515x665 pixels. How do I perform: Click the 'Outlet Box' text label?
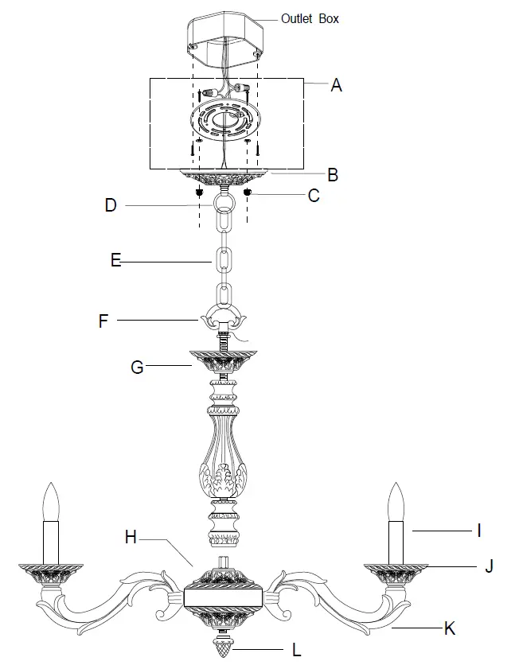tap(310, 17)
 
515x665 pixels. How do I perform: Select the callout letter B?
tap(333, 175)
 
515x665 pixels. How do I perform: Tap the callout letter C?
tap(314, 195)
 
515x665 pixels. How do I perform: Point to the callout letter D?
tap(111, 205)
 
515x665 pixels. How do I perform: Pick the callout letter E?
tap(116, 261)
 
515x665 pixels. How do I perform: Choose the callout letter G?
tap(136, 367)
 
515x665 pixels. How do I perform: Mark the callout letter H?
tap(131, 537)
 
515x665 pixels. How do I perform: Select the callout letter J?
tap(489, 566)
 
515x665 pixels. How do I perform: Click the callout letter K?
tap(450, 628)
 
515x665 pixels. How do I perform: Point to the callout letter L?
tap(297, 650)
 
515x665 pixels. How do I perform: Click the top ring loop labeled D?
tap(222, 204)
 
